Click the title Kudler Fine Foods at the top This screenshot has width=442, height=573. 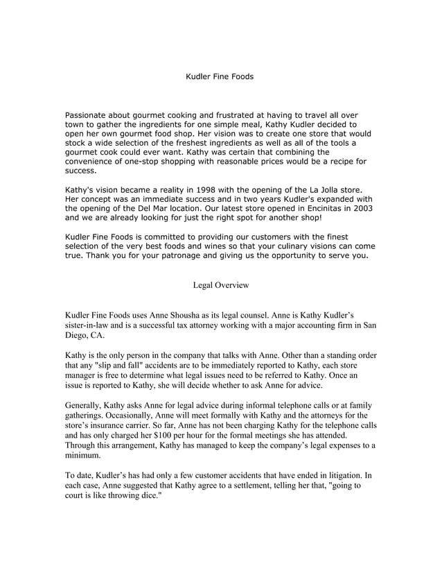tap(220, 76)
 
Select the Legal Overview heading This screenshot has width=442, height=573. tap(220, 285)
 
